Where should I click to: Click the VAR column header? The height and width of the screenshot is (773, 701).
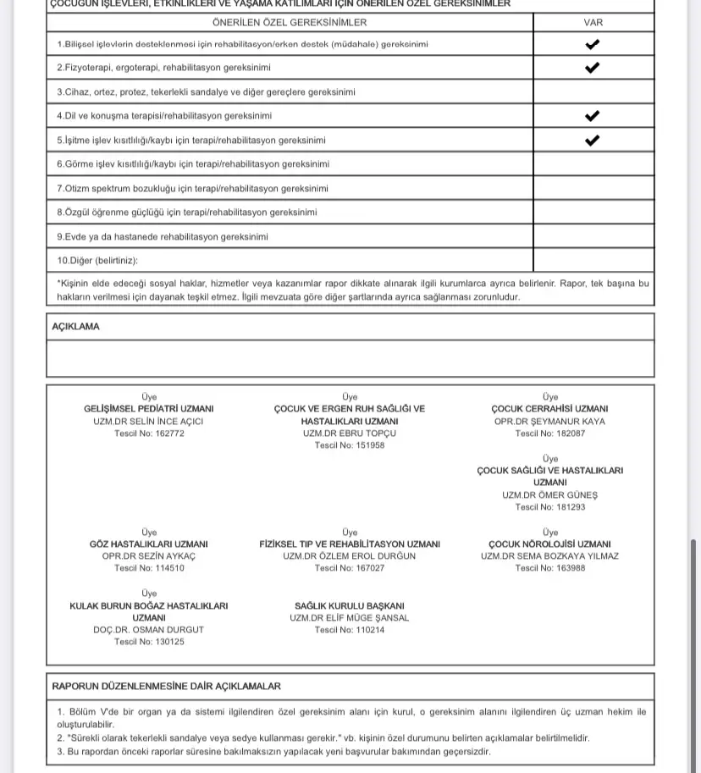(x=593, y=22)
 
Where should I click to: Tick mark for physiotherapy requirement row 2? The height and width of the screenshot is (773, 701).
(x=593, y=68)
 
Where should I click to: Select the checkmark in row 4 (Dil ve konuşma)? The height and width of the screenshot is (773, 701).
(x=593, y=116)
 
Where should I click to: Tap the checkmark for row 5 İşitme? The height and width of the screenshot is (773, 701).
(x=593, y=141)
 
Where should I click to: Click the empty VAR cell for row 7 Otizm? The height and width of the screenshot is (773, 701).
(x=593, y=189)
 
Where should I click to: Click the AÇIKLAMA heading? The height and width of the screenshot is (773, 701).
(x=75, y=327)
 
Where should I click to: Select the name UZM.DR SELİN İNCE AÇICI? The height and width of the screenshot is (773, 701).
(x=149, y=421)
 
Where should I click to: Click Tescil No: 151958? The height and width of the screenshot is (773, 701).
(x=350, y=445)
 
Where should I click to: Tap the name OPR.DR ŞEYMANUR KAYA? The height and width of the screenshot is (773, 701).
(x=549, y=421)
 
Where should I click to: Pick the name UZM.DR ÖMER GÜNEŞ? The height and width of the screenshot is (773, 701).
(x=549, y=495)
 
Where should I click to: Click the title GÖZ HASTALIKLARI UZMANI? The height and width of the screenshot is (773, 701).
(x=149, y=544)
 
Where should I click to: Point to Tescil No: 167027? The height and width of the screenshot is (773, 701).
(x=350, y=568)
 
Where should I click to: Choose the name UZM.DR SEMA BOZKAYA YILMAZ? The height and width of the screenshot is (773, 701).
(x=549, y=556)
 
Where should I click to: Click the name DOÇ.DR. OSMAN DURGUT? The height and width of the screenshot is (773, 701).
(x=149, y=630)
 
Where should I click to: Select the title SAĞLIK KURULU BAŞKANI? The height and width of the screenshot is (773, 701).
(x=350, y=606)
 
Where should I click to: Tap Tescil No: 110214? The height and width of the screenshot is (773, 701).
(x=350, y=630)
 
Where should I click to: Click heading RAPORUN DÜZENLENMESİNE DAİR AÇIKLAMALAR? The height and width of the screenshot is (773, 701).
(x=167, y=687)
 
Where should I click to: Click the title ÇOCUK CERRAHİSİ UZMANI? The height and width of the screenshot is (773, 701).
(x=549, y=409)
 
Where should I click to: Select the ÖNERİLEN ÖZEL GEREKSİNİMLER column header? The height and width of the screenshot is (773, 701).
(x=290, y=22)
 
